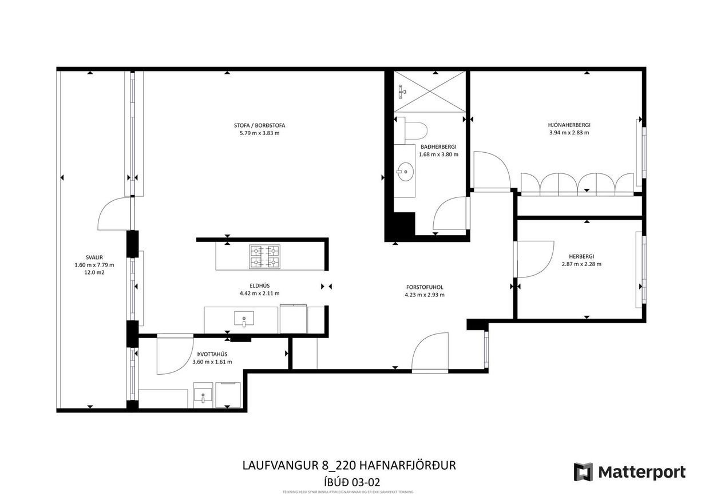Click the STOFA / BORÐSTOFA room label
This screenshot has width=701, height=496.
(259, 125)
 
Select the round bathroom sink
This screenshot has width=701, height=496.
(406, 170)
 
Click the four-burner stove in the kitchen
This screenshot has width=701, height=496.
(264, 256)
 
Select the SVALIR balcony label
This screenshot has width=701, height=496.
(94, 257)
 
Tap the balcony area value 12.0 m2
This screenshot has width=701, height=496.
(94, 273)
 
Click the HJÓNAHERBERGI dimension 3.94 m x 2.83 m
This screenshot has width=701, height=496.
(569, 132)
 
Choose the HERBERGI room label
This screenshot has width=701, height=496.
(581, 256)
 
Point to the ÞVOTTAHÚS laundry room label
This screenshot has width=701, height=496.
(212, 354)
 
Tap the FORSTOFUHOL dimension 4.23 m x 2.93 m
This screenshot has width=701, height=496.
(424, 295)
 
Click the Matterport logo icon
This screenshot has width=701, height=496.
(583, 472)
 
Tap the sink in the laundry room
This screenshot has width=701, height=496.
(203, 395)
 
